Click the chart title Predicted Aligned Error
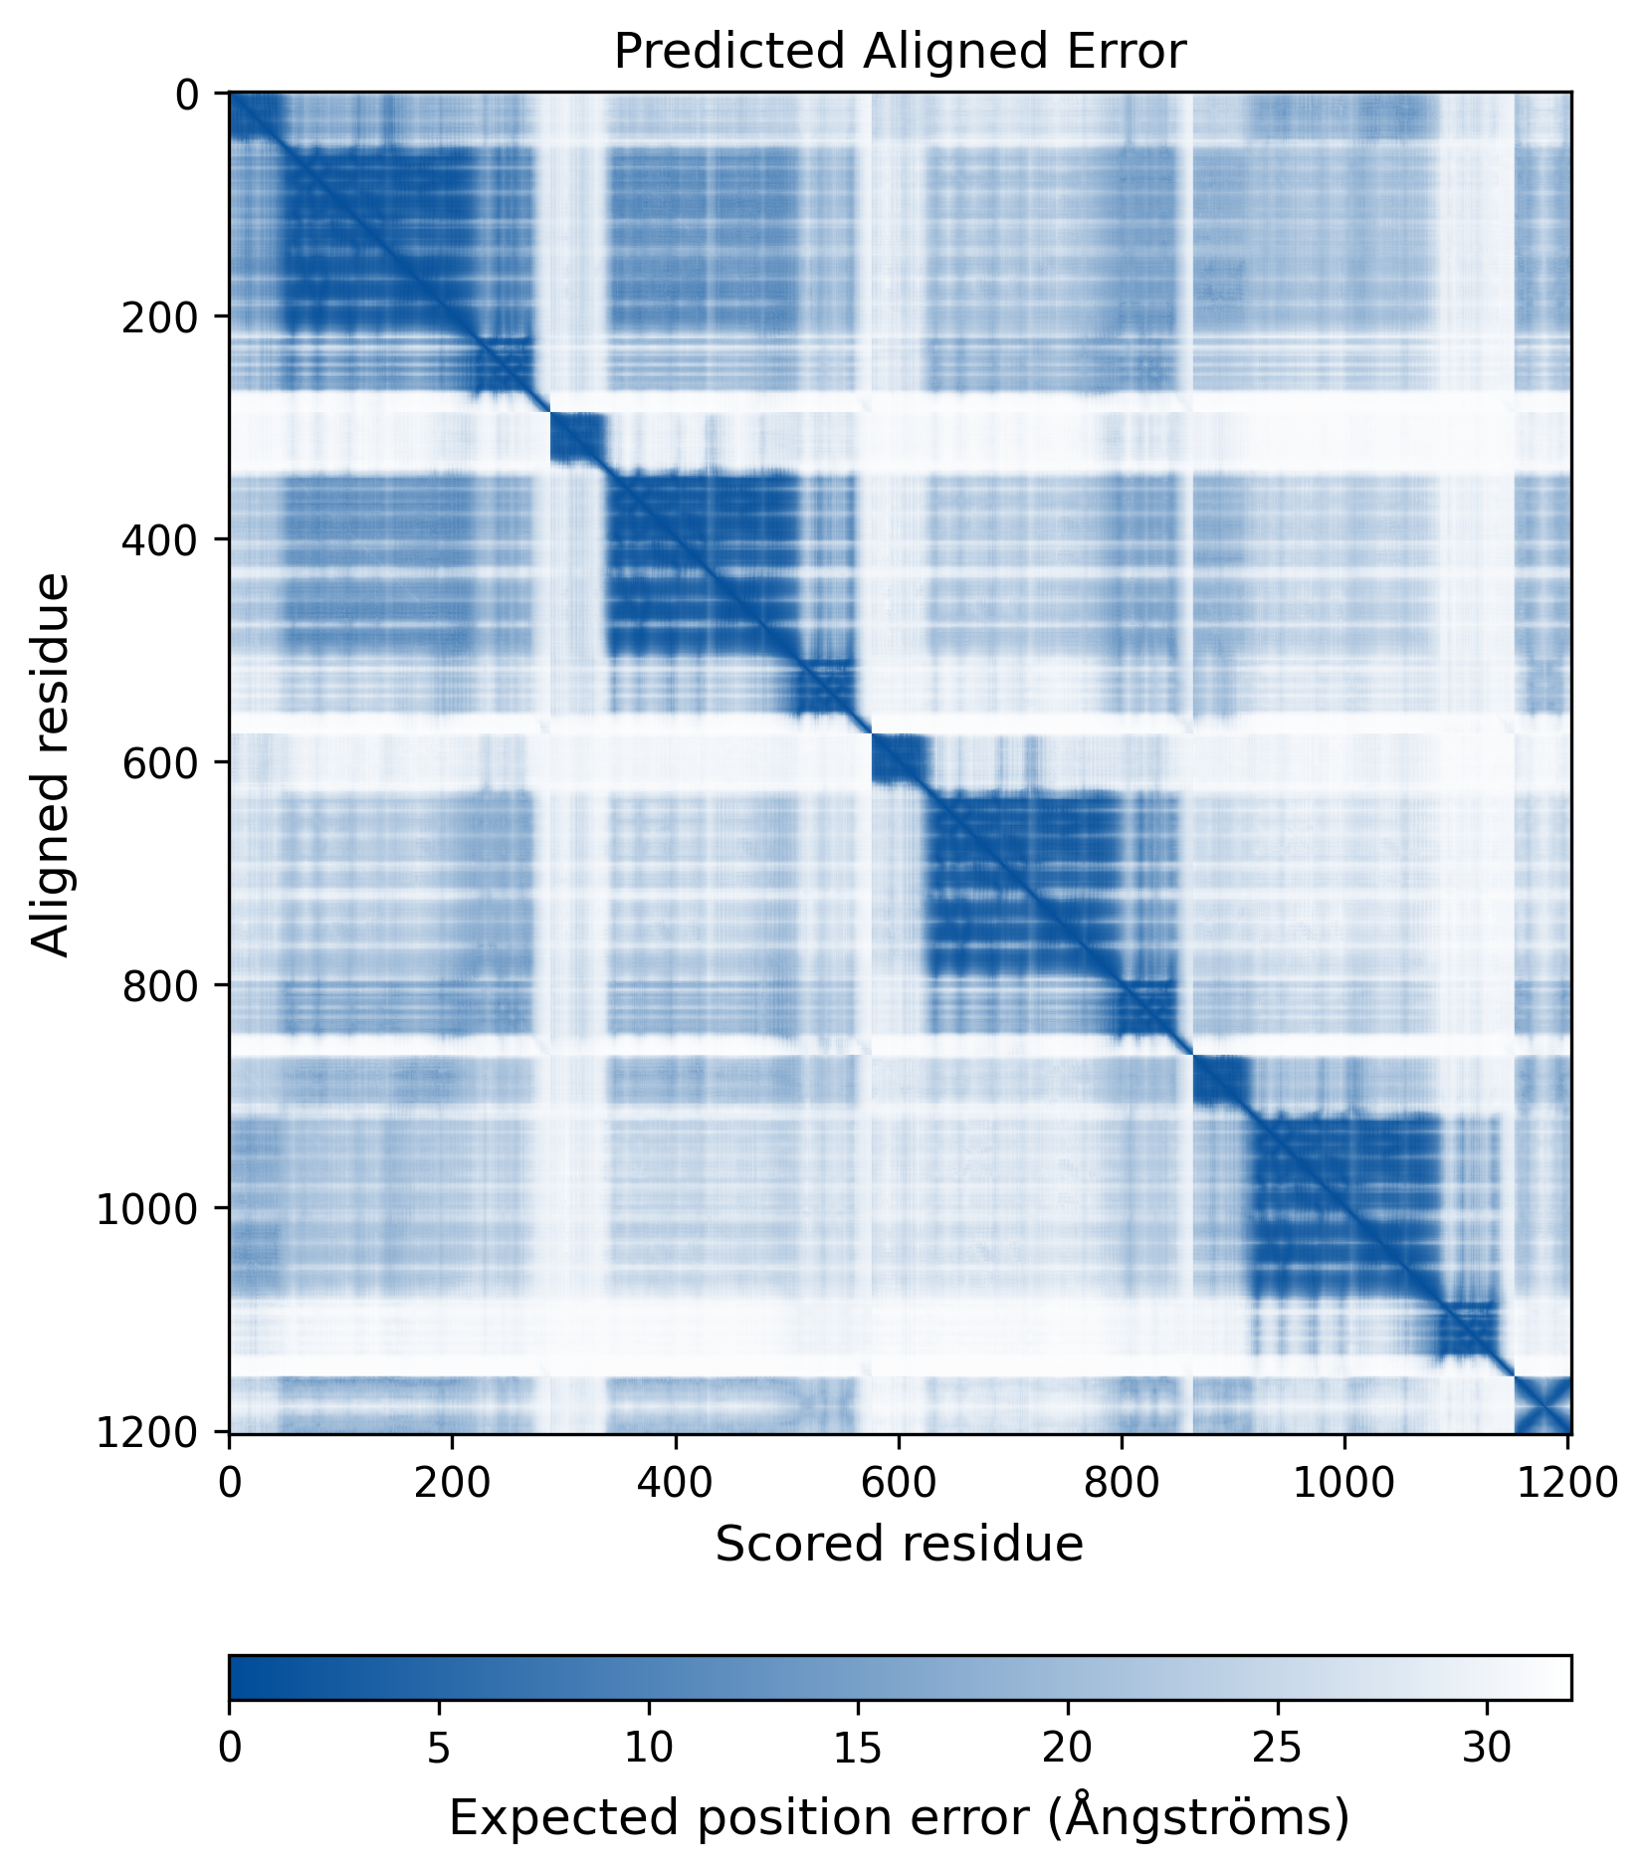click(899, 52)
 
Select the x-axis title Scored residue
click(899, 1544)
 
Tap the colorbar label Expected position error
click(899, 1817)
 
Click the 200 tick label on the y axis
click(159, 317)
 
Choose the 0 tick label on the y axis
click(187, 96)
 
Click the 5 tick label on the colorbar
click(439, 1749)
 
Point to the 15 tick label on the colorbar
click(858, 1749)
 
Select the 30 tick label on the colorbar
click(1487, 1749)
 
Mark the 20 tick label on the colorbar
click(1068, 1749)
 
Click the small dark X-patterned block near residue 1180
click(1542, 1405)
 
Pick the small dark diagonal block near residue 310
click(577, 439)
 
